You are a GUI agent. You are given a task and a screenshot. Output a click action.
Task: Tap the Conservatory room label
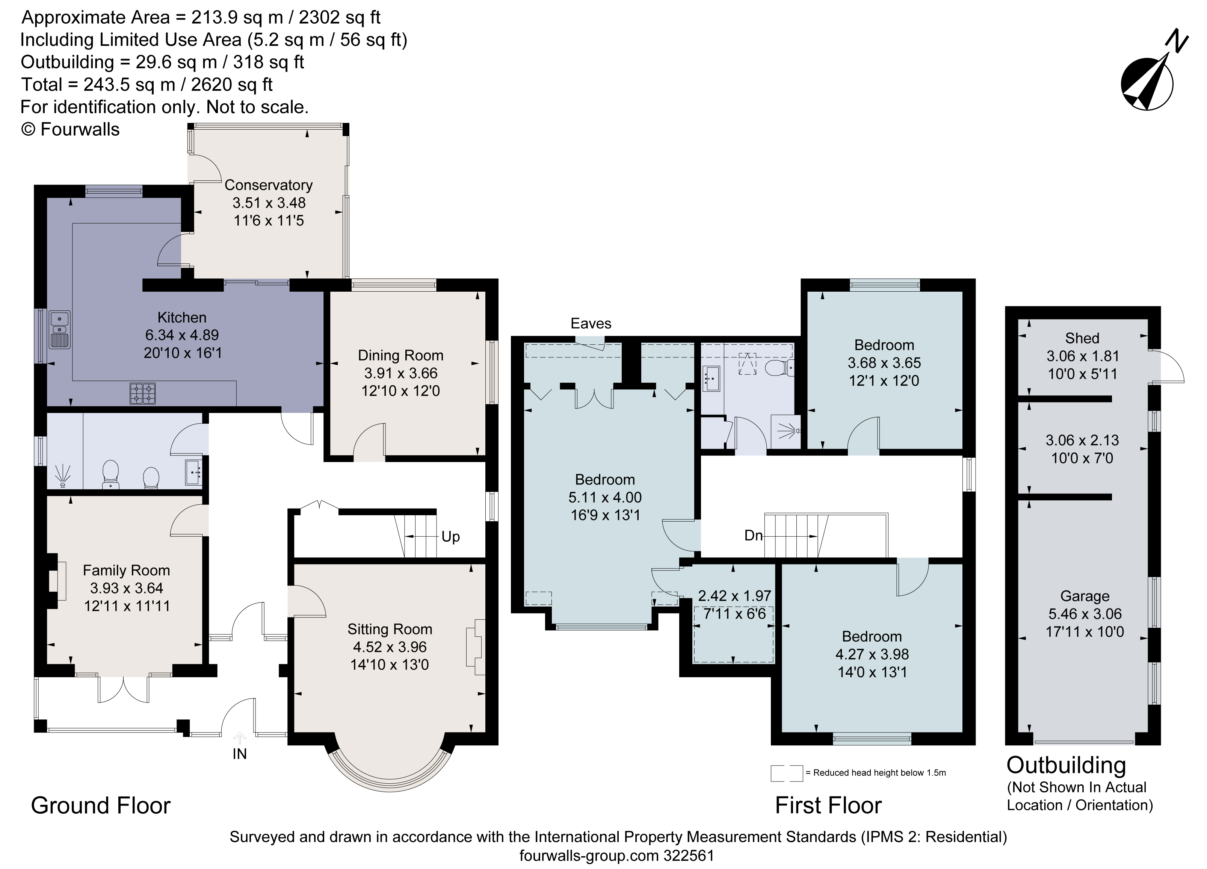268,185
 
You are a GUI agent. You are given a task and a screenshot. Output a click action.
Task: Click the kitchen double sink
60,330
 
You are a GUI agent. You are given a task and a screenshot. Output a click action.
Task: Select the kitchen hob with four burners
143,394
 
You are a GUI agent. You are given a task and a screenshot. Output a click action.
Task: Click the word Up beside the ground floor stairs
450,536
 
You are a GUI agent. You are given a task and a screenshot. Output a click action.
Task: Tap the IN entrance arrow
240,738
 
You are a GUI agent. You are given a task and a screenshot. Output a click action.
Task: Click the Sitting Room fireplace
475,646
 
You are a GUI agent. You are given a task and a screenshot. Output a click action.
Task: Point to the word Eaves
591,323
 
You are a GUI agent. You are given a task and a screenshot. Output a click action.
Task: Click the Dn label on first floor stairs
753,535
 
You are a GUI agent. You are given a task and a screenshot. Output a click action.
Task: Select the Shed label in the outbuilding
1082,338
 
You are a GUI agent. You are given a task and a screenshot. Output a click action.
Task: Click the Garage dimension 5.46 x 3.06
1085,614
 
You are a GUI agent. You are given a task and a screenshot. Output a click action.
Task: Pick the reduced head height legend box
786,773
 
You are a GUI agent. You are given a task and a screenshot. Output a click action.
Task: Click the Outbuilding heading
1066,765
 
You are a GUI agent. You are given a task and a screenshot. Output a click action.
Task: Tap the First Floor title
828,805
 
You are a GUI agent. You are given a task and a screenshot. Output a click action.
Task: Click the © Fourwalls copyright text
70,129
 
